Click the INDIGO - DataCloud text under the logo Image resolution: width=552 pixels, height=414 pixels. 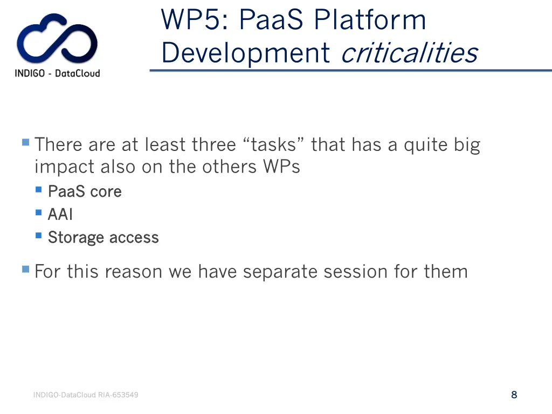pyautogui.click(x=57, y=73)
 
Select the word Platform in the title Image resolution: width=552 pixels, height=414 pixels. pyautogui.click(x=370, y=20)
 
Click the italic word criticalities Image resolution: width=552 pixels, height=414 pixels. pyautogui.click(x=409, y=53)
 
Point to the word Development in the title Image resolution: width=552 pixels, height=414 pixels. pyautogui.click(x=246, y=53)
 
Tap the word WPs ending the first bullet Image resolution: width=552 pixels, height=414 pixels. pyautogui.click(x=281, y=167)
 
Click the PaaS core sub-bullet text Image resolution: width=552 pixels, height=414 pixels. pyautogui.click(x=85, y=191)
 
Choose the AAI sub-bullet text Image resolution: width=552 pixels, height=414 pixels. pyautogui.click(x=60, y=215)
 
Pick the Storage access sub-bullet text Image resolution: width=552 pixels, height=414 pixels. pyautogui.click(x=103, y=237)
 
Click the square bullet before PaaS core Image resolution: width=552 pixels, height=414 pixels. pyautogui.click(x=39, y=190)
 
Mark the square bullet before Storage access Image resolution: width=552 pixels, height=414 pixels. pyautogui.click(x=39, y=236)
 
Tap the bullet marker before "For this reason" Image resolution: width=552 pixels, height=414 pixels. pyautogui.click(x=25, y=269)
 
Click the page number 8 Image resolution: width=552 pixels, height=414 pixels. pyautogui.click(x=514, y=395)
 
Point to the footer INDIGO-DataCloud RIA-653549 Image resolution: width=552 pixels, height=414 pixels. pyautogui.click(x=86, y=395)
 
